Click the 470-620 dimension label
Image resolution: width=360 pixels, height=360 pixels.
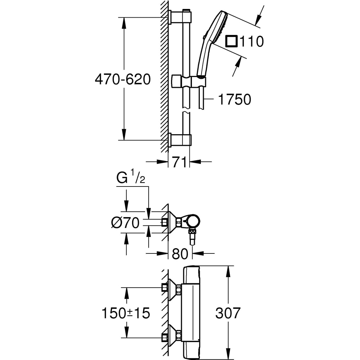pos(122,80)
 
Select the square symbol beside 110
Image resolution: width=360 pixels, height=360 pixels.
pos(231,41)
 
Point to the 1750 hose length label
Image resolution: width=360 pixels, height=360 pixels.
pos(234,99)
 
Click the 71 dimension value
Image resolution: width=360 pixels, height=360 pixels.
pos(179,162)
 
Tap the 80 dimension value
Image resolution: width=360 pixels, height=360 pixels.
pos(180,254)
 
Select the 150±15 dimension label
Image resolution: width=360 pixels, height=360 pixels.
pos(125,313)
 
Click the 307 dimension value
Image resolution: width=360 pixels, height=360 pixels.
pos(227,313)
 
